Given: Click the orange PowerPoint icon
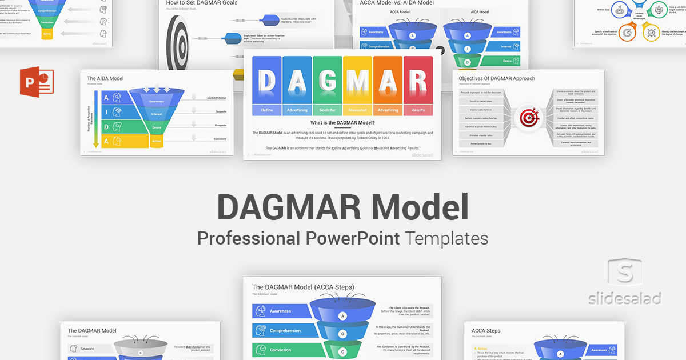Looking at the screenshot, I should (36, 82).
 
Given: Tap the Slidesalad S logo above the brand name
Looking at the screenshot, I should (625, 275).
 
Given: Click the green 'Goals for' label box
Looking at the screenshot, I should (327, 110).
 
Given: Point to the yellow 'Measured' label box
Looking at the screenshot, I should (357, 110).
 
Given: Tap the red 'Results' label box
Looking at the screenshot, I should (418, 110).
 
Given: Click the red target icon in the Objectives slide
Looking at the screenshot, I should (526, 118).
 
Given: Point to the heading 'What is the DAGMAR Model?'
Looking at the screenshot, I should (342, 123).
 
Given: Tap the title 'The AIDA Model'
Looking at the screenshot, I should (105, 78).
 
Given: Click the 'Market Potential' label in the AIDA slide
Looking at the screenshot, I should (217, 98).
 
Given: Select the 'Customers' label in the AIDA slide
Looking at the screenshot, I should (219, 139).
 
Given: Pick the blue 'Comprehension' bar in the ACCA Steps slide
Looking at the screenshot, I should (284, 331).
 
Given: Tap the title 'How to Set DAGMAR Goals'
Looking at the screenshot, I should (202, 3).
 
